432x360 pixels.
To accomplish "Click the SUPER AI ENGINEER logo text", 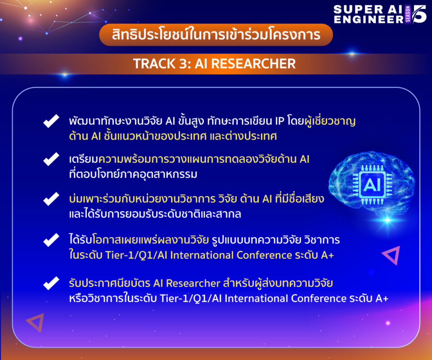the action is [369, 14].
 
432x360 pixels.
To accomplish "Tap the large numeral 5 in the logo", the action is [419, 14].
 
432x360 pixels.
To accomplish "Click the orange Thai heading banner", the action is [216, 35].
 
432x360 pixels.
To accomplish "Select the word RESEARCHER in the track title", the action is [253, 63].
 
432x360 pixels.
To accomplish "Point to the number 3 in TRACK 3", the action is [184, 63].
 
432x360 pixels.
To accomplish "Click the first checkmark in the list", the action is [51, 121].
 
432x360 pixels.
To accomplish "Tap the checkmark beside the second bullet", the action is [51, 159].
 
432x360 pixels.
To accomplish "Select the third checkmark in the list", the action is [51, 199].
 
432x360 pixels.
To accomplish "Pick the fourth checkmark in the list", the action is [51, 240].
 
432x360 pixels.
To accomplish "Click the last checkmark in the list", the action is [51, 283].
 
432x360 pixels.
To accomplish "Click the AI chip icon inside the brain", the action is [372, 184].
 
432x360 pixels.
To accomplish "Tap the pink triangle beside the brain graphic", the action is [391, 255].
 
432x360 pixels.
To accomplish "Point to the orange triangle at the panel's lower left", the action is [36, 322].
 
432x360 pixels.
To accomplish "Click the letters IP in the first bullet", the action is [279, 121].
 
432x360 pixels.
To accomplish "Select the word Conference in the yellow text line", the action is [264, 255].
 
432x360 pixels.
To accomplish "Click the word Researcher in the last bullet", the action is [193, 283].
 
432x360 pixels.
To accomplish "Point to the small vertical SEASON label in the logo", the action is [408, 14].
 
